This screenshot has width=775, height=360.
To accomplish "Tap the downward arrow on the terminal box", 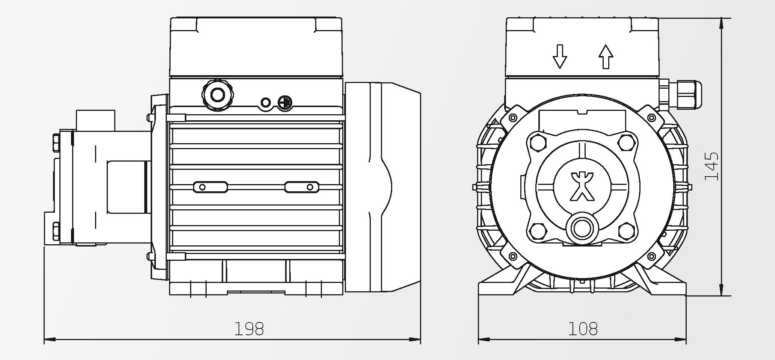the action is click(x=560, y=56).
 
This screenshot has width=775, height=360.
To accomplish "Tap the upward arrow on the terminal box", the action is click(x=606, y=56).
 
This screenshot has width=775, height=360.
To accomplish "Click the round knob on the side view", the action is click(x=218, y=95).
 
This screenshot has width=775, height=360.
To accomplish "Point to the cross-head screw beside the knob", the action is click(x=285, y=103).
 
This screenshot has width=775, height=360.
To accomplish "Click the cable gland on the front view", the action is click(x=680, y=94).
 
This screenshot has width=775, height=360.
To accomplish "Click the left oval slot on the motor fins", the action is click(x=210, y=187).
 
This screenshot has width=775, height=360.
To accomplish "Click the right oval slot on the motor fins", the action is click(x=302, y=187).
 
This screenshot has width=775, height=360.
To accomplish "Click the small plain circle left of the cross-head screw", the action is click(x=266, y=103).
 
